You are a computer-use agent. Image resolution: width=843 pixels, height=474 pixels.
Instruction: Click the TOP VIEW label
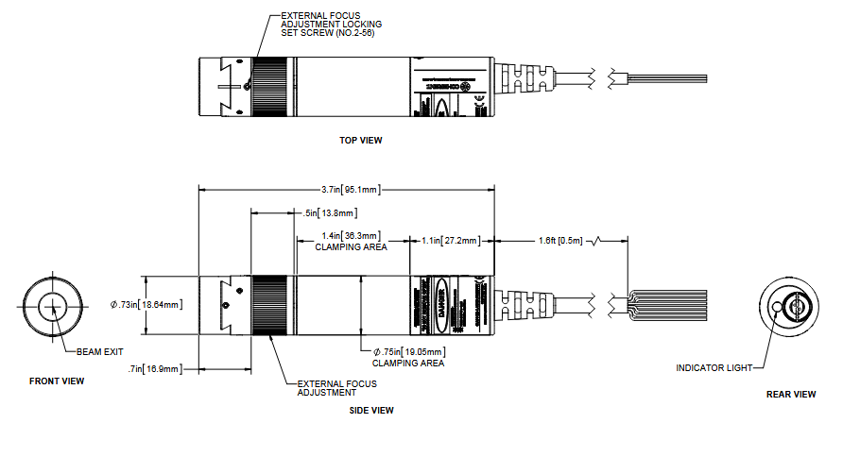coord(360,141)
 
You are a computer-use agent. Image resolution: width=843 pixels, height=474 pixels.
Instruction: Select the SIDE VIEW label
coord(370,410)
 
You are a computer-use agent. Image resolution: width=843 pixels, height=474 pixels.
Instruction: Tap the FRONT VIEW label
coord(56,381)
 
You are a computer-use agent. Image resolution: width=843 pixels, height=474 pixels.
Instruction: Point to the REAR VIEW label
coord(790,394)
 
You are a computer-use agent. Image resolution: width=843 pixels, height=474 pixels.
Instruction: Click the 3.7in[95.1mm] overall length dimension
coord(349,189)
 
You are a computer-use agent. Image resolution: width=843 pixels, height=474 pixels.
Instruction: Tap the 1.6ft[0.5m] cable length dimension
coord(559,241)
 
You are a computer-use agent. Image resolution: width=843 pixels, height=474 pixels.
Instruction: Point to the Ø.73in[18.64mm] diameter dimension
coord(146,304)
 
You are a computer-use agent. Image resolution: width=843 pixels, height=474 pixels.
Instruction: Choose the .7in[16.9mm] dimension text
coord(157,368)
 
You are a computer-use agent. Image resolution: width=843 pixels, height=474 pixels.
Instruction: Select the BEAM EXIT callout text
coord(100,351)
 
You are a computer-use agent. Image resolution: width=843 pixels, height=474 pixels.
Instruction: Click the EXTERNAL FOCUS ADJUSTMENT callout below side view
coord(336,388)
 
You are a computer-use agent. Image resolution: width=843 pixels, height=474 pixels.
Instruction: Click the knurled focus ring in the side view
coord(271,305)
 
